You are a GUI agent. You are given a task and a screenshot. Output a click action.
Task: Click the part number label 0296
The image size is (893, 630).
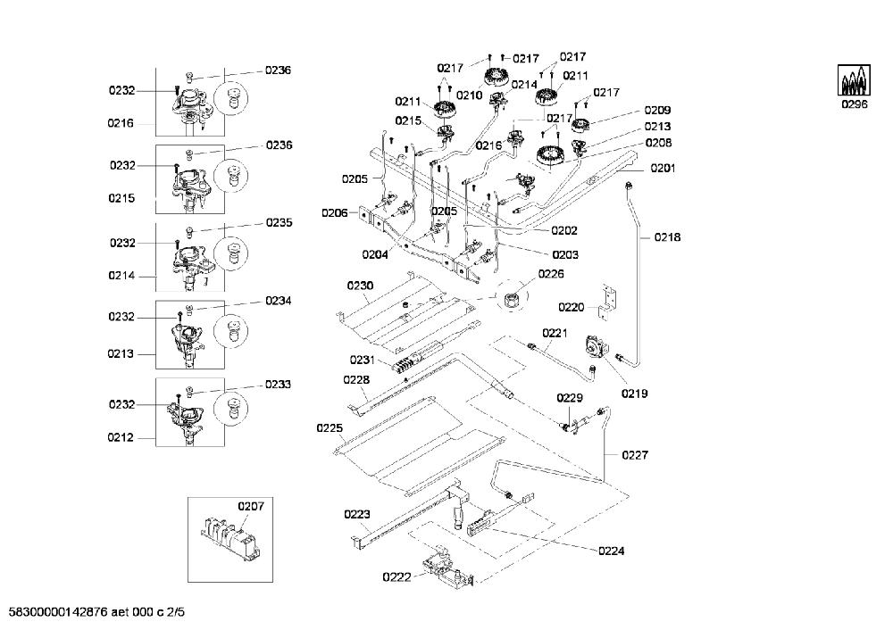point(855,104)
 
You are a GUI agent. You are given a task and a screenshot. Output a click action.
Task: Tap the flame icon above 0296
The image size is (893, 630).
point(854,80)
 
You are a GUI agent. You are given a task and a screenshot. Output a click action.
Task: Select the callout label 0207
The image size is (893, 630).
point(251,506)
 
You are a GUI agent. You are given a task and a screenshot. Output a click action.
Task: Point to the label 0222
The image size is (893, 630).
point(396,577)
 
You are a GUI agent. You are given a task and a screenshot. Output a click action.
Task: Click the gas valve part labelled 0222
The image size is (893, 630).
point(447,567)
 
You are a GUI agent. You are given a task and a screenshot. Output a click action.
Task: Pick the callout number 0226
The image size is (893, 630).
point(551,274)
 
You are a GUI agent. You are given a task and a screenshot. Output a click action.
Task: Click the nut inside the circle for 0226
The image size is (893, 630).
point(511,297)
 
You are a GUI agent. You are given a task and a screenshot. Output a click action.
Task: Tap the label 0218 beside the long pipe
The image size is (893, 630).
point(667,237)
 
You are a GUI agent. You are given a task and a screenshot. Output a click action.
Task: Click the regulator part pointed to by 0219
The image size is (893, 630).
point(596,346)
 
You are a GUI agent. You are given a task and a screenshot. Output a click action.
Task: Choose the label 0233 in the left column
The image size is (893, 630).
point(278,384)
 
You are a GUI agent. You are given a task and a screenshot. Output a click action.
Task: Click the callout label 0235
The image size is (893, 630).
point(279,222)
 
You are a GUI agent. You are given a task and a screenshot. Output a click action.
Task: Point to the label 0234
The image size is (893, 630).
point(279,301)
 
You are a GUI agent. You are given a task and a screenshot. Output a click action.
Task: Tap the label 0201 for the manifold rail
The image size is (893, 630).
point(663,168)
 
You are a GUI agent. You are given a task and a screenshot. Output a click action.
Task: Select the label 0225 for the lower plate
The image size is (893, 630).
point(330,428)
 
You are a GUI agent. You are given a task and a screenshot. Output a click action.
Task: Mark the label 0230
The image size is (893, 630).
point(360,286)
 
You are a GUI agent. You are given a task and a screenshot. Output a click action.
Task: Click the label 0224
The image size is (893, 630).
point(611,551)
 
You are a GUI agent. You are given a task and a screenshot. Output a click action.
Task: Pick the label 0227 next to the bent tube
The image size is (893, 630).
point(635,455)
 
